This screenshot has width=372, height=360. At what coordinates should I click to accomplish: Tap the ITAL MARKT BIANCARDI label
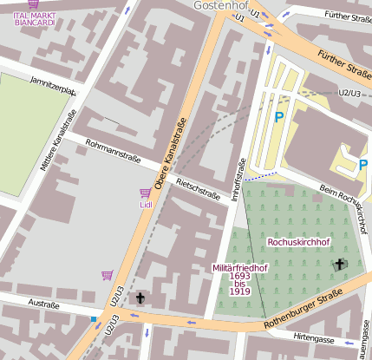click(35, 18)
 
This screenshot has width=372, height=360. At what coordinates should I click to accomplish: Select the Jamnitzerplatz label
click(53, 84)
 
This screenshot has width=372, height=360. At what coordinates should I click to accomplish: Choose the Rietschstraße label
click(198, 188)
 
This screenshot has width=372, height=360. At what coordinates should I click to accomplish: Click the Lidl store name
click(145, 205)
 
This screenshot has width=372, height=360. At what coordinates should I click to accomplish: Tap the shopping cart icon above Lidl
click(145, 193)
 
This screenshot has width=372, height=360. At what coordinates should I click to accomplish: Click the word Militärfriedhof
click(239, 268)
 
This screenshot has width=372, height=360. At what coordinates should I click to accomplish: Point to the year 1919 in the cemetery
click(240, 291)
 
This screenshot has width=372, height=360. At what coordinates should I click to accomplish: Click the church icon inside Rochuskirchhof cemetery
click(338, 264)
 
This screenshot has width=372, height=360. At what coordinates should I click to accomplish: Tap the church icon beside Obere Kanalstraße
click(140, 298)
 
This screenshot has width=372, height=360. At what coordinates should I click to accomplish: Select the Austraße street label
click(43, 305)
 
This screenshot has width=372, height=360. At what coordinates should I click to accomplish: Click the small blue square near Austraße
click(93, 319)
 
